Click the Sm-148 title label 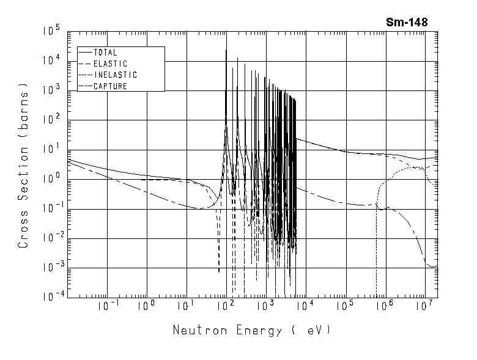tap(406, 22)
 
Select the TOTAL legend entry tap(105, 53)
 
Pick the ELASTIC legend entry tap(110, 64)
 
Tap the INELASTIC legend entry tap(116, 75)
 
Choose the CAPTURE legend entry tap(110, 86)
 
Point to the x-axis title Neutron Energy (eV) tap(251, 331)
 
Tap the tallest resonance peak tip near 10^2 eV tap(226, 50)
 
